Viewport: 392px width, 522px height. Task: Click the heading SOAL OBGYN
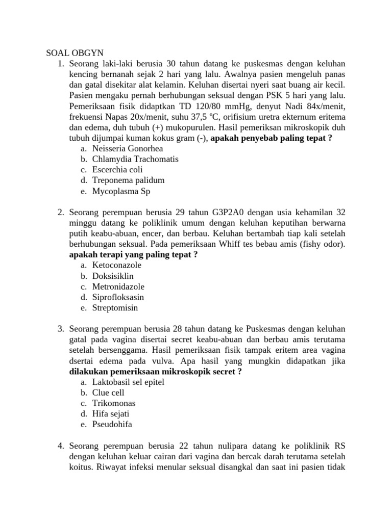[75, 53]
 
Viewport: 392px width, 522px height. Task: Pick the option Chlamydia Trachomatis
[135, 160]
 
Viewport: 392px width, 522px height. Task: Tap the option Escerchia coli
[117, 170]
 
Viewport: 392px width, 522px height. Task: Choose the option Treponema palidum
[128, 180]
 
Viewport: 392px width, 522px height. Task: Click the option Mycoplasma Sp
[121, 191]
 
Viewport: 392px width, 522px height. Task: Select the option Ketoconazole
[117, 266]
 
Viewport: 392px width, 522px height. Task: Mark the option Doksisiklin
[113, 276]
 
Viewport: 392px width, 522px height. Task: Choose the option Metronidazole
[118, 287]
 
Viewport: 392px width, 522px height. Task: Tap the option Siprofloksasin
[118, 297]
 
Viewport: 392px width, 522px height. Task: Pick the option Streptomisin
[115, 308]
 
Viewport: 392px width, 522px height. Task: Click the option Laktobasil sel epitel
[128, 382]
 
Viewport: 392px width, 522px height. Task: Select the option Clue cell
[108, 393]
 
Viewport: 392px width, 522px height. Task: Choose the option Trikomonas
[114, 403]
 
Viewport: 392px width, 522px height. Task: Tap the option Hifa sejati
[111, 414]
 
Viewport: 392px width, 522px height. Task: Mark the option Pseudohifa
[112, 425]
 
